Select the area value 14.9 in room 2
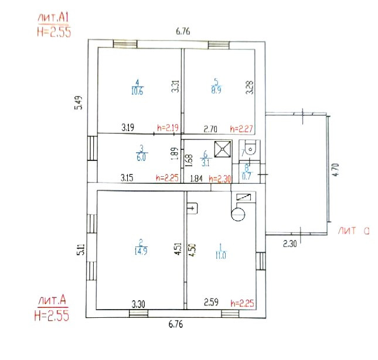[x=140, y=252]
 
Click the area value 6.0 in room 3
[x=141, y=157]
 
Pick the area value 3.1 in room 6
[x=205, y=162]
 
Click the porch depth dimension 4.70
[x=335, y=170]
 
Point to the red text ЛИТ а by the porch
[x=352, y=231]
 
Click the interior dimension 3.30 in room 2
[x=138, y=304]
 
